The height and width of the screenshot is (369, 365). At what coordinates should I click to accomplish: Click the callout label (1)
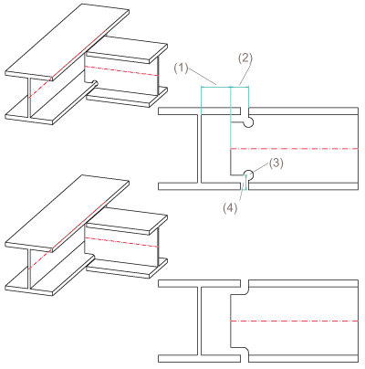(x=182, y=68)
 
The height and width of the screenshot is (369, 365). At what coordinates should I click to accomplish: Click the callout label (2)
(x=245, y=58)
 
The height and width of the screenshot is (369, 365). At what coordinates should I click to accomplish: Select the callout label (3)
(x=276, y=163)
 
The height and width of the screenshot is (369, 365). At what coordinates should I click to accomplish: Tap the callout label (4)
(x=230, y=208)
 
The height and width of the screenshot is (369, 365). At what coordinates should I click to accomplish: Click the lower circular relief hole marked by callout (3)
(x=248, y=174)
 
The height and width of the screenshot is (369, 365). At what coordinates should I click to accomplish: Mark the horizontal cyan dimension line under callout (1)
(x=216, y=88)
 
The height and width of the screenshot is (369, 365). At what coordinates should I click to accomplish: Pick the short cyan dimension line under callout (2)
(x=240, y=88)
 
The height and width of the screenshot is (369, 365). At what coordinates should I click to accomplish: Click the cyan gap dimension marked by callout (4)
(x=245, y=183)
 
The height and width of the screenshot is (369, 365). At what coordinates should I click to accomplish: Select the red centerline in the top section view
(x=295, y=149)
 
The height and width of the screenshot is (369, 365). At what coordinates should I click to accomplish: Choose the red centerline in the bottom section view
(x=295, y=322)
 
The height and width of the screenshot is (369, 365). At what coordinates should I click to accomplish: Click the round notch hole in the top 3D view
(x=95, y=82)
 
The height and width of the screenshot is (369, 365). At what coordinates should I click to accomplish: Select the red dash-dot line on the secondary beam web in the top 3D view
(x=121, y=70)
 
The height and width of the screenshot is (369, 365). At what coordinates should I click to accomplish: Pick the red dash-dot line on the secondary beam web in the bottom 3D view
(x=121, y=242)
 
